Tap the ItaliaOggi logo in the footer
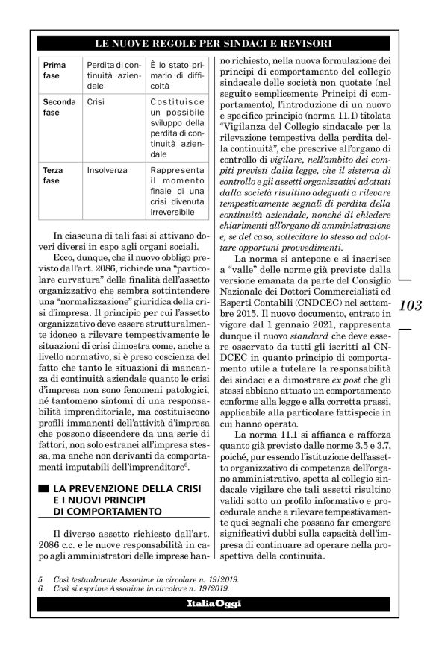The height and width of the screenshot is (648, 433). pyautogui.click(x=216, y=603)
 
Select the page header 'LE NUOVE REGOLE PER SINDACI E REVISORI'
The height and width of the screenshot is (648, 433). pyautogui.click(x=216, y=42)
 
